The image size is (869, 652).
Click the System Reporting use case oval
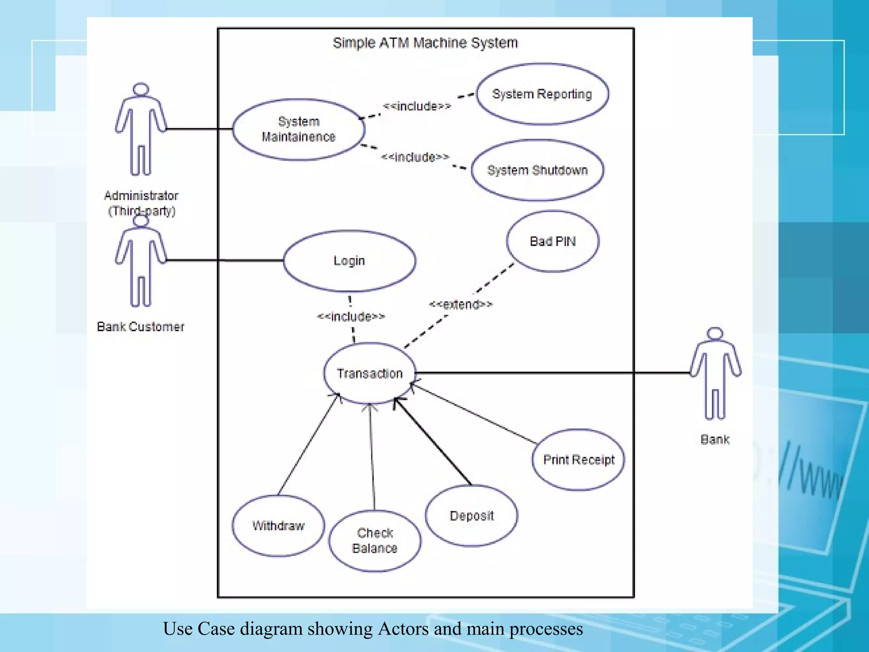point(542,94)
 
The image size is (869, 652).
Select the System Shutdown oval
point(537,170)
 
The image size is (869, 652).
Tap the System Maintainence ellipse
point(298,129)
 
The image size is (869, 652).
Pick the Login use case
point(349,261)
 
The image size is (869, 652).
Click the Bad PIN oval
point(552,241)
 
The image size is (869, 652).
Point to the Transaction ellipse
point(369,373)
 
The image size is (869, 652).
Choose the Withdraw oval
point(278,526)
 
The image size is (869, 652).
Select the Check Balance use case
point(375,540)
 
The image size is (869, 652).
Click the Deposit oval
point(471,515)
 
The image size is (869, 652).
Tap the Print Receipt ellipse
point(578,460)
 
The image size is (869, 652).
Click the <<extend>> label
point(460,304)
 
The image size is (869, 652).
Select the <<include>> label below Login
point(351,316)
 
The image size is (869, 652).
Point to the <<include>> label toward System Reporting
point(416,106)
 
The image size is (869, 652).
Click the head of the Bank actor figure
point(715,334)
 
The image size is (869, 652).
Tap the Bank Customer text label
point(140,326)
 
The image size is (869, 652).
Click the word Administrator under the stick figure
point(141,196)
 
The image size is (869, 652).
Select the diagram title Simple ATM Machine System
point(425,43)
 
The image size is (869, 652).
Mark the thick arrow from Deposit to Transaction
point(433,441)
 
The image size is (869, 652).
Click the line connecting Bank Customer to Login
point(225,260)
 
